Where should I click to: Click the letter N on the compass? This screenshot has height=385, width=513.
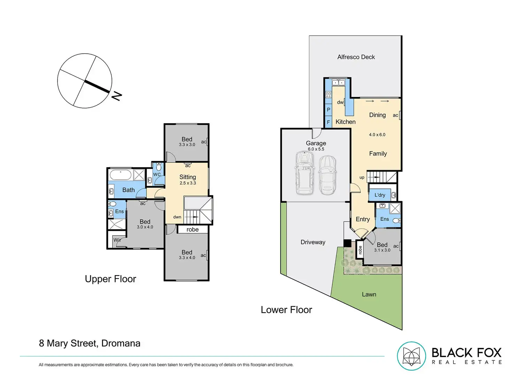point(116,96)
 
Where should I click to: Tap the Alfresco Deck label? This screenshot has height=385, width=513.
point(356,57)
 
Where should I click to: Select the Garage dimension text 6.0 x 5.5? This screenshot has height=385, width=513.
point(316,149)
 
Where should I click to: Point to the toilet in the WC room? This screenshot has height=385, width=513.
point(159,167)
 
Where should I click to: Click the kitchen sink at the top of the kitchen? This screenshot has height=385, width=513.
point(338,83)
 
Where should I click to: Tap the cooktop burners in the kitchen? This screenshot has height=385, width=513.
point(328,95)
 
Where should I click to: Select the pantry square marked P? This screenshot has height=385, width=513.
point(328,110)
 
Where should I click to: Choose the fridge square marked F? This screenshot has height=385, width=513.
point(328,122)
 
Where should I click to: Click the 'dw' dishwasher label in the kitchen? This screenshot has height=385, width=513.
point(340,102)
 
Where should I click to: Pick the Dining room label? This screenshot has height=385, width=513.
point(377,115)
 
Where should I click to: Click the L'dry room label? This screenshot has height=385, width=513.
point(380,195)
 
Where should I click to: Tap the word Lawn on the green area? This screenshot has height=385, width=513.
point(369,294)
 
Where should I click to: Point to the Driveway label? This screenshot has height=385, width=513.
point(313,242)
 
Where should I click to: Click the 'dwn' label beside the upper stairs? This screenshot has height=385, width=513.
point(177,217)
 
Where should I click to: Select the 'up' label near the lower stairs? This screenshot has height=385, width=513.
point(362,178)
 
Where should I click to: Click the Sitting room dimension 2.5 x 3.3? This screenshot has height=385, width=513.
point(188,183)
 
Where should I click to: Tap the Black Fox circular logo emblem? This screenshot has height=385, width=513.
point(411,356)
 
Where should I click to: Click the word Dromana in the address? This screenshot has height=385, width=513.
point(121,343)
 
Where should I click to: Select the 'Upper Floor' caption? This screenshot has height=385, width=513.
point(110,279)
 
